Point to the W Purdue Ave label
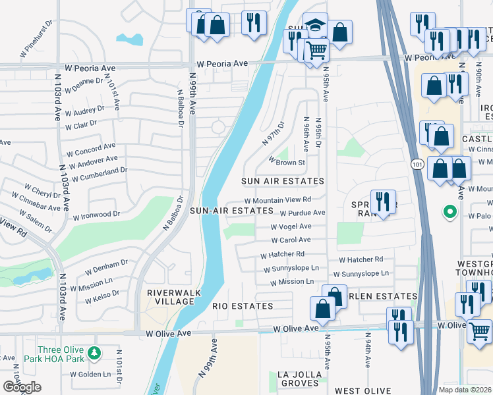pos(303,213)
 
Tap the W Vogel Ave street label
pos(291,226)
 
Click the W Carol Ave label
pos(291,240)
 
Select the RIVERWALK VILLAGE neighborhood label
pos(171,297)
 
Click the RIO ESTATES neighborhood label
pos(243,306)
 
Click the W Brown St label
pos(287,162)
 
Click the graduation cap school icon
pos(315,26)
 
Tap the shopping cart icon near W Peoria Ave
pos(316,49)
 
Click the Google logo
pos(22,387)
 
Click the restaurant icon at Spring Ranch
pos(382,201)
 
